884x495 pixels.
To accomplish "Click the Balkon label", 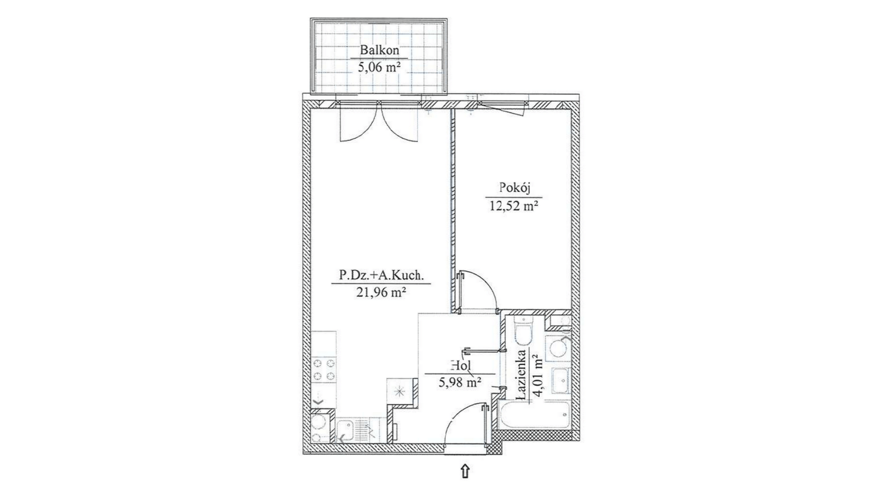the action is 379,50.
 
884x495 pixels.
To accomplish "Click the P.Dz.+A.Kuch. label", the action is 381,276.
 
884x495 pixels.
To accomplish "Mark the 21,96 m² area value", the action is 381,293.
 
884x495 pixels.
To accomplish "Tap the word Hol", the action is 460,366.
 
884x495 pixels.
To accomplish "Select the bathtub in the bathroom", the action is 533,416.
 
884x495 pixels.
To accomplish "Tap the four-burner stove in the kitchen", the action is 325,370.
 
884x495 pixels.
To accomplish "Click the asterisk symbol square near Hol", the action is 400,391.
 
